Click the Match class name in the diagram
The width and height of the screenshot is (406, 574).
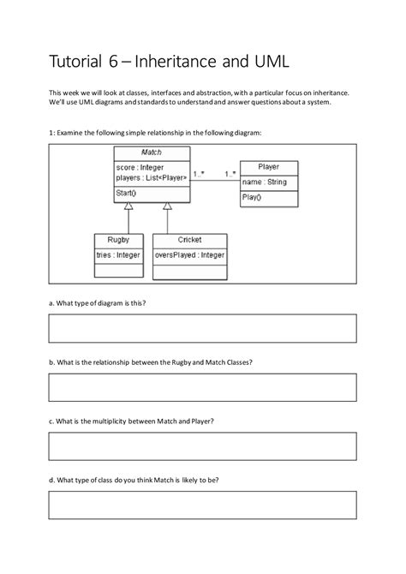(x=151, y=152)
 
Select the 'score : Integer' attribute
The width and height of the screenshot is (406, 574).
(x=139, y=167)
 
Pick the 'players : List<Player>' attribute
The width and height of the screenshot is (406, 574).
(x=151, y=178)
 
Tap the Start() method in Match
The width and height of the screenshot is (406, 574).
(x=127, y=194)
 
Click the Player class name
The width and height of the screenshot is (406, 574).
(x=268, y=167)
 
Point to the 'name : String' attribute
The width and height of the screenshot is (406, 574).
(x=264, y=182)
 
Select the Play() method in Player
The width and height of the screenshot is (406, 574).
(x=251, y=197)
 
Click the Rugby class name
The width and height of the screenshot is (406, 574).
(x=118, y=240)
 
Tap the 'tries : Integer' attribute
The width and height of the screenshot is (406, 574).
(x=118, y=254)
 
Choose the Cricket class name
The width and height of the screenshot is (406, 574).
(x=190, y=240)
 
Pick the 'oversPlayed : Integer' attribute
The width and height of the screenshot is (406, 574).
(x=190, y=254)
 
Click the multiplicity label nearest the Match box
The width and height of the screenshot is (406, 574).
(x=199, y=174)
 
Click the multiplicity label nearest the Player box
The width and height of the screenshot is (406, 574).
(x=230, y=174)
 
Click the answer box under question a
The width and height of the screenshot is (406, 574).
(x=202, y=328)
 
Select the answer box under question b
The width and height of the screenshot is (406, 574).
(x=202, y=387)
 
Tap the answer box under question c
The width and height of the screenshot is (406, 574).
(x=202, y=446)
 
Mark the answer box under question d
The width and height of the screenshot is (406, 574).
(x=202, y=505)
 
